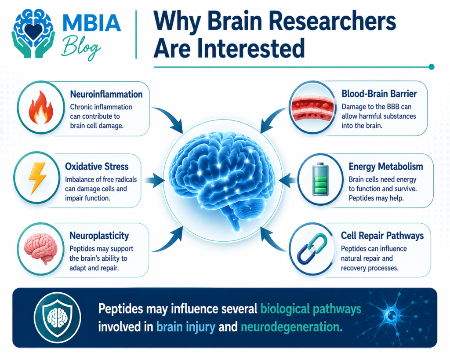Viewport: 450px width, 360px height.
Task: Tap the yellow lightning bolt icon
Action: [37, 178]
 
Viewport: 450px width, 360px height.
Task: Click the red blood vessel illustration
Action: [313, 107]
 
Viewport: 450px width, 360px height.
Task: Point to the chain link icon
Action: [312, 249]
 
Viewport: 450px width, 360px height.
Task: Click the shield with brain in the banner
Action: [58, 317]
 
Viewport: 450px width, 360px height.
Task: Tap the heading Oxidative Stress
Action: [97, 167]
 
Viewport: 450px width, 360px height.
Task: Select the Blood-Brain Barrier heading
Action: [379, 94]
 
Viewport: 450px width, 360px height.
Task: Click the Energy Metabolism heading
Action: [386, 167]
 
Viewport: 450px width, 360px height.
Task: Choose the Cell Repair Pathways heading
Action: [382, 236]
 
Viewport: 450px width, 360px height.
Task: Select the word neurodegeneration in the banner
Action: [291, 327]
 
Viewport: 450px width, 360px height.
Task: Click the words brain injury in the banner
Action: [186, 327]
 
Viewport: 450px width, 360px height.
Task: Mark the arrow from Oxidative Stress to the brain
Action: [154, 180]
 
